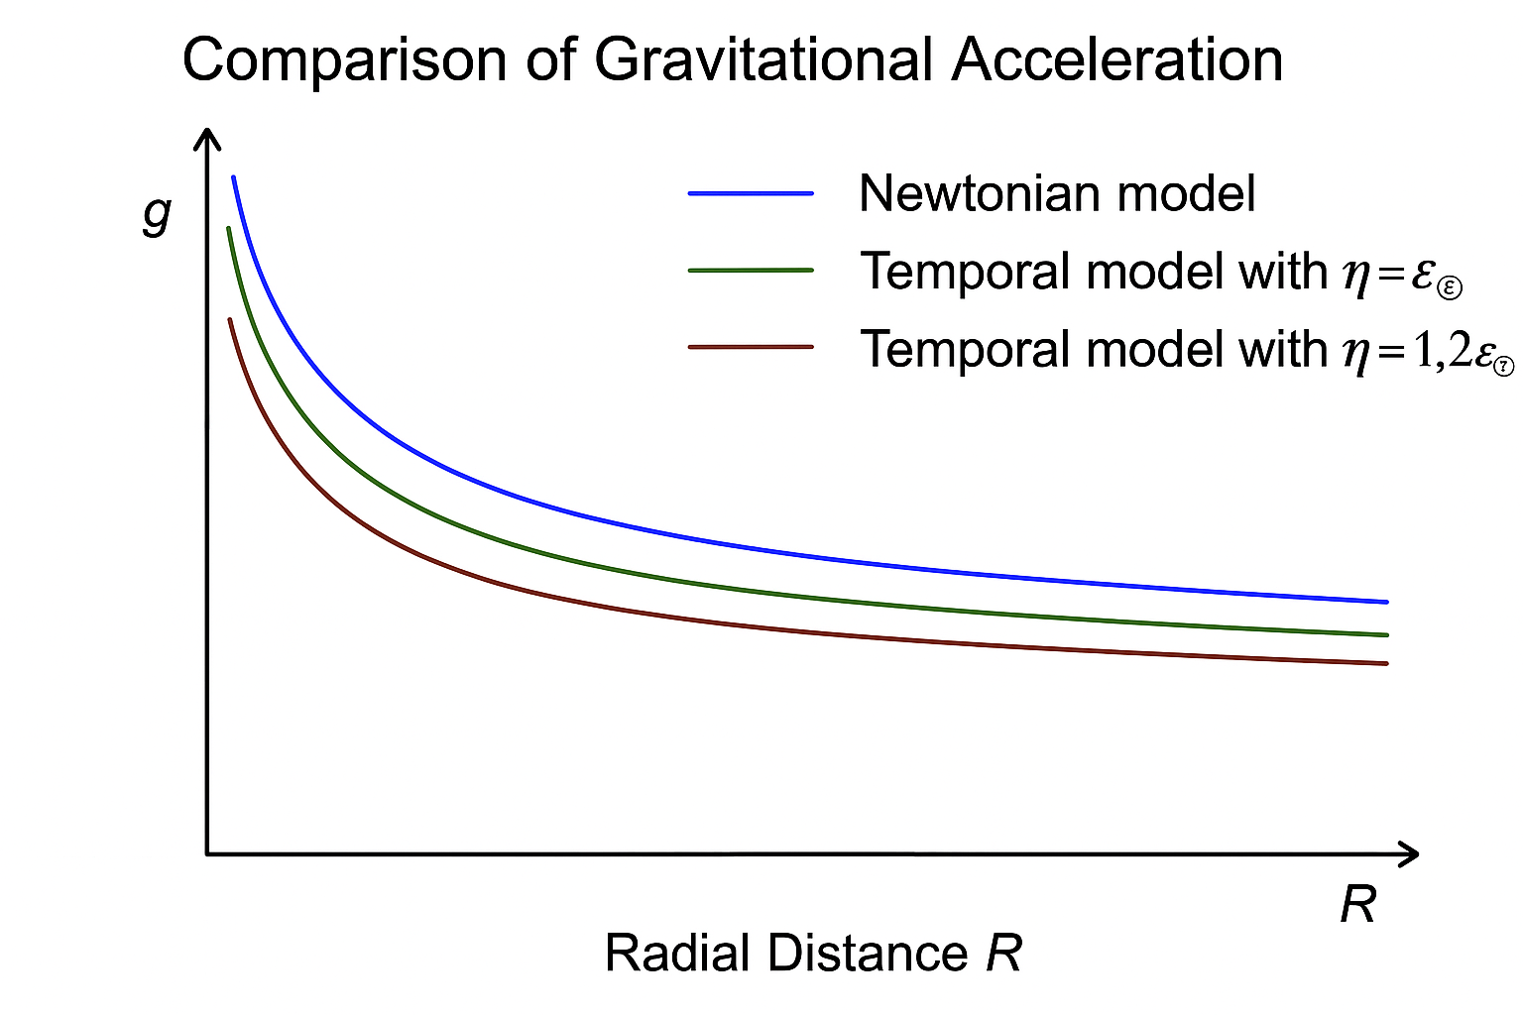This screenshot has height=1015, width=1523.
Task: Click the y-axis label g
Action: tap(158, 212)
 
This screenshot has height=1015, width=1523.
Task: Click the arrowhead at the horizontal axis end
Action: tap(1410, 853)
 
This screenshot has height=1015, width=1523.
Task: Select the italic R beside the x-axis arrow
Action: tap(1358, 904)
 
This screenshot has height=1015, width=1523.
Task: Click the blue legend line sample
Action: tap(751, 193)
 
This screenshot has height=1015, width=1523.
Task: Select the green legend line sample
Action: tap(751, 270)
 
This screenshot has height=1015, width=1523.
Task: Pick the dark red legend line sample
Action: tap(751, 347)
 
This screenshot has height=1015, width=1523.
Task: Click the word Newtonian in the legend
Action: tap(977, 193)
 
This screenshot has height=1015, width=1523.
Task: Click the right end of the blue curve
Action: tap(1386, 602)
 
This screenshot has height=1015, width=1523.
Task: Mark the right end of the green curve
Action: tap(1386, 634)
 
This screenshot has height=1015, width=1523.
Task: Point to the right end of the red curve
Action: tap(1386, 663)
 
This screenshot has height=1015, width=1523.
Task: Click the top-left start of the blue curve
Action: tap(233, 178)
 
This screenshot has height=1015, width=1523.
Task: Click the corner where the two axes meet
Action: tap(207, 852)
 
